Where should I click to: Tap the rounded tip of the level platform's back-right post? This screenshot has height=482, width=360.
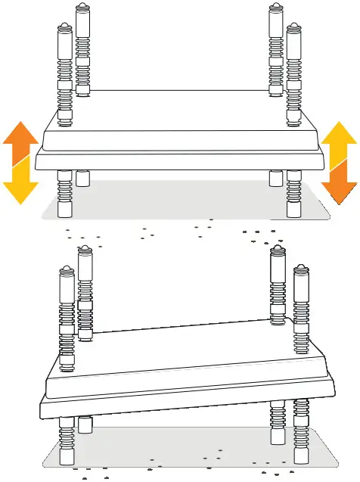click(x=277, y=10)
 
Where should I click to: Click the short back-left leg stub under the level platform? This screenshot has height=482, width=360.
click(x=82, y=179)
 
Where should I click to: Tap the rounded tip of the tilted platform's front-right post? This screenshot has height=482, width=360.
click(x=302, y=269)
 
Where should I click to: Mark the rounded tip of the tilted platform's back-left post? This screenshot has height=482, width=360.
click(x=85, y=250)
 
